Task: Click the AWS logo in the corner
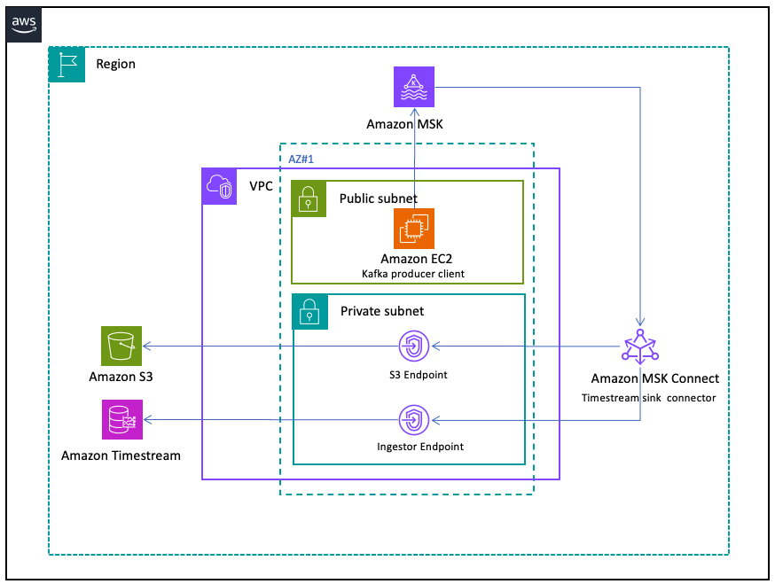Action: click(27, 26)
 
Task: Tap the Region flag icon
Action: click(67, 65)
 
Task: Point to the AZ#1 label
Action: click(302, 159)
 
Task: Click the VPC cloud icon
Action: click(220, 187)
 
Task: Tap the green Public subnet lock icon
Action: click(309, 199)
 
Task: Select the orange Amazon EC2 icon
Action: click(414, 229)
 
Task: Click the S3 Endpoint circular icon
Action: click(413, 347)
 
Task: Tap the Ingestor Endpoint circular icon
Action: click(413, 418)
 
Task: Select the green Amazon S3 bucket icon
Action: click(121, 346)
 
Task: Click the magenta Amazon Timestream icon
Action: click(121, 419)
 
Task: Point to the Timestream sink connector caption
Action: click(648, 398)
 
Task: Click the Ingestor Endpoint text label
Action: click(414, 447)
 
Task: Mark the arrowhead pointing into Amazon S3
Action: click(147, 346)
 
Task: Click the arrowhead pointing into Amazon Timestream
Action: click(147, 419)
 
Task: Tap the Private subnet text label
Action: click(381, 311)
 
